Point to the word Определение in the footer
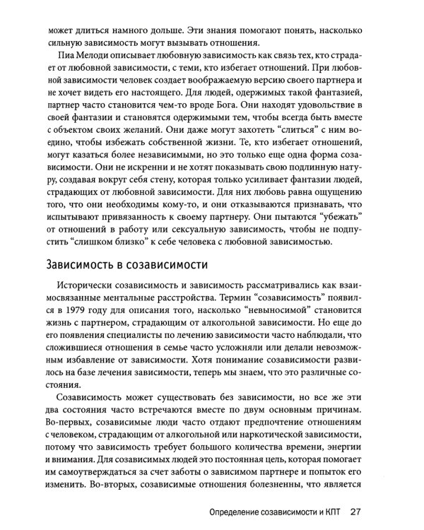click(x=241, y=512)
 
